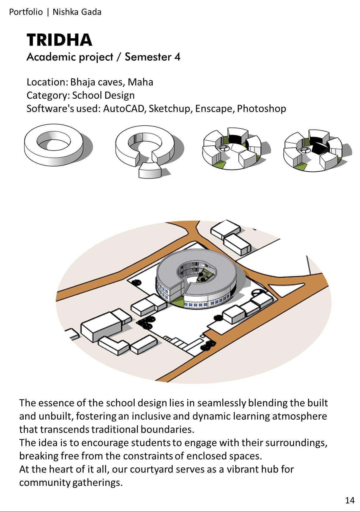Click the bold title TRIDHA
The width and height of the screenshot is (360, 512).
[59, 40]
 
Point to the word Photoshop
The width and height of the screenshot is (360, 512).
[261, 109]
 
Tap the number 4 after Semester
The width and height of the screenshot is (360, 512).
[177, 57]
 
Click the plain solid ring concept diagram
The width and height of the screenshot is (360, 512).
[54, 145]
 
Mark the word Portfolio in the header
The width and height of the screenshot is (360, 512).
[26, 12]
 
